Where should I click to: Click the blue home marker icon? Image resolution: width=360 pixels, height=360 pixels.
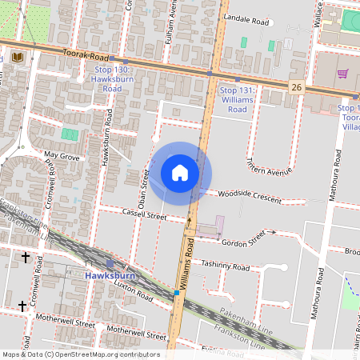(x=180, y=173)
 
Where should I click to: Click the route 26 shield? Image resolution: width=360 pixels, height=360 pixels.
(x=296, y=86)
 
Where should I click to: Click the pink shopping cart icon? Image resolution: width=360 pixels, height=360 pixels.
(x=342, y=74)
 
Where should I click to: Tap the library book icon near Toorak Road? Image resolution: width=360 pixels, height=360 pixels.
(x=18, y=58)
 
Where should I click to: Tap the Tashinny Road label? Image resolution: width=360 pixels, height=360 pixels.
(x=224, y=266)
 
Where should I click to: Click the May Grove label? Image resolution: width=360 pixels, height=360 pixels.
(x=62, y=156)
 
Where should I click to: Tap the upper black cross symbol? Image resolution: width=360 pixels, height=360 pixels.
(x=25, y=258)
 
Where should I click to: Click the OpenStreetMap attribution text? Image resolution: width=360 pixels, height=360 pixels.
(x=80, y=354)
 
